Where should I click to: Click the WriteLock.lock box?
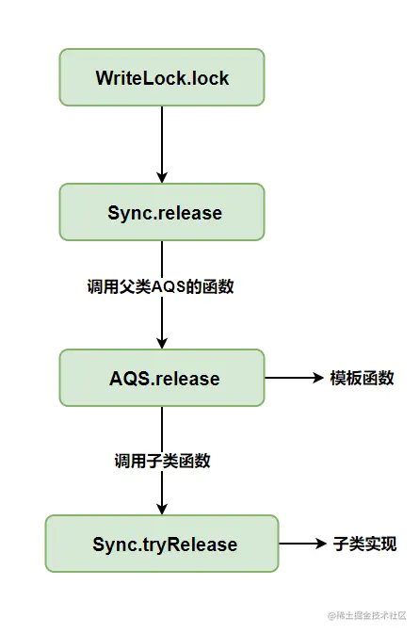(162, 77)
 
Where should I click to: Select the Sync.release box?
(162, 212)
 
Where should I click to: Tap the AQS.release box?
(162, 378)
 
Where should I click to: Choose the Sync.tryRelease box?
(162, 544)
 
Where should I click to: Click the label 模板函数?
(362, 378)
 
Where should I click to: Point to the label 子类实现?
(364, 544)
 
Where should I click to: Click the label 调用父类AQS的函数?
(160, 286)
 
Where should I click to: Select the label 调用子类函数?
(162, 461)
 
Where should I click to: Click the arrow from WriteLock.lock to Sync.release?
(162, 145)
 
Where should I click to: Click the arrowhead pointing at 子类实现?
(321, 544)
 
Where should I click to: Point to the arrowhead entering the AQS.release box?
(162, 343)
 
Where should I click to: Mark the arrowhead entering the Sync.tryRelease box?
(162, 509)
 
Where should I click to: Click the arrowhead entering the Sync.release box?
(162, 177)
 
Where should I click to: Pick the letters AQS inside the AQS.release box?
(130, 379)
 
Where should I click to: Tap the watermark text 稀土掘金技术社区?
(371, 615)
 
